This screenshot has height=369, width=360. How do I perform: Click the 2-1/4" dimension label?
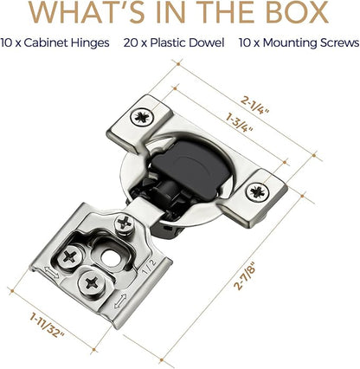pos(255,106)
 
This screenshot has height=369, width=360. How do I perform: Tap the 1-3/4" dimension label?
pos(240,123)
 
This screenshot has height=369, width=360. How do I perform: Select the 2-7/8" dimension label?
pos(245,275)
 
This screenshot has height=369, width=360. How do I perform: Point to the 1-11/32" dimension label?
pos(47,327)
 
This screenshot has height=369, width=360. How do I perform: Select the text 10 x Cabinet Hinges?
pos(55,43)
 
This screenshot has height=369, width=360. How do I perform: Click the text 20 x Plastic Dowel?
pos(174,43)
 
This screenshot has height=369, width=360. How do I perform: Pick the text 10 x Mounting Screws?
pos(299,43)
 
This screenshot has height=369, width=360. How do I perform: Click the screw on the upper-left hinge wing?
pos(142,117)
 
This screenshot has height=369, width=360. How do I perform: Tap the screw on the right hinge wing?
pos(257,191)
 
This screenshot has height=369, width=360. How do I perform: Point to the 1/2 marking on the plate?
pos(150,266)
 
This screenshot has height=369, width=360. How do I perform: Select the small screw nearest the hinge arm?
pos(125,223)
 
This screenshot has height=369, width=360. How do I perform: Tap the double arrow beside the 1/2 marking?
pos(121,301)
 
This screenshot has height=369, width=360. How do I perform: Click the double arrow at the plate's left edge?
pos(51,272)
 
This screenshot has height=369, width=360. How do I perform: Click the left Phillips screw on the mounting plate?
pos(70,256)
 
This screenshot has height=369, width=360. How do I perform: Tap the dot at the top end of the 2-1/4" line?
pos(178,63)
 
